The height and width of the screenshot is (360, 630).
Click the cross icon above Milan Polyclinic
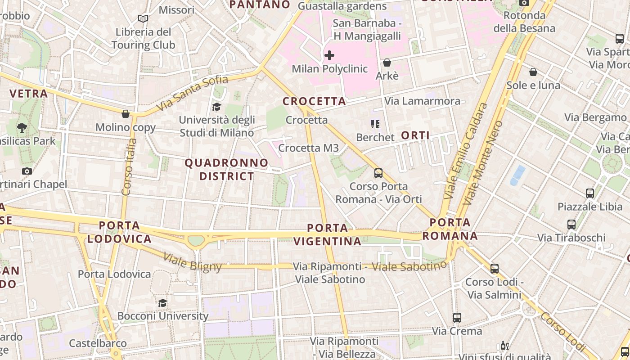[329, 55]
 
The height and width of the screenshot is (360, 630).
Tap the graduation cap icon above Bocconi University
[162, 303]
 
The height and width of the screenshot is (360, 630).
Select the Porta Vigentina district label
[328, 234]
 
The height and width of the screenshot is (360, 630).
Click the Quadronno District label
[227, 169]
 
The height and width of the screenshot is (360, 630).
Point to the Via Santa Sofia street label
[192, 94]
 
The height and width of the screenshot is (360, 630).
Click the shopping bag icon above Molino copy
[126, 114]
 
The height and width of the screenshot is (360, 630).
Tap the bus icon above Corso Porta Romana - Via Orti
[378, 173]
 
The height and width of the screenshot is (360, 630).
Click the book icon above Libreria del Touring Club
[143, 19]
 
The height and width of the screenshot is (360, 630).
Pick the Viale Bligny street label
[192, 262]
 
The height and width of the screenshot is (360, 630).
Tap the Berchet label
[375, 137]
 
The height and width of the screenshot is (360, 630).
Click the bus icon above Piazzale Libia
[590, 193]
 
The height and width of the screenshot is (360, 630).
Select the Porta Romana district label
[450, 229]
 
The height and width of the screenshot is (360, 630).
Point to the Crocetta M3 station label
[308, 148]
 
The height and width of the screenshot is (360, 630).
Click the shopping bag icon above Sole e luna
[533, 72]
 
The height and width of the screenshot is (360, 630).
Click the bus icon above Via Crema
[457, 318]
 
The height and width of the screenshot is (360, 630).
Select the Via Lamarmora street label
[423, 101]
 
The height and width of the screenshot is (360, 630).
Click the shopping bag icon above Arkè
[387, 63]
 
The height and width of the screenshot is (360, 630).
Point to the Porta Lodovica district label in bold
[120, 232]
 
